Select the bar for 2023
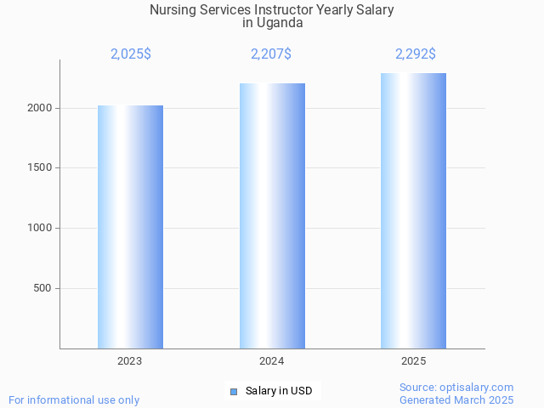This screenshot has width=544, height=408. pos(130,227)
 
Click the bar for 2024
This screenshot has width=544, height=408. pos(272,216)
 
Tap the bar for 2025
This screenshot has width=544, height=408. pos(413,211)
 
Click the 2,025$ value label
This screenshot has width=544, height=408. pos(131,54)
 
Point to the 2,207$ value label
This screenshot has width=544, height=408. pos(271,54)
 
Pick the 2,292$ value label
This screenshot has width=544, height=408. pos(416,54)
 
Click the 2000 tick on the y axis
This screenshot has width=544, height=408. pos(40,108)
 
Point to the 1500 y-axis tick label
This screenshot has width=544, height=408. pos(40,167)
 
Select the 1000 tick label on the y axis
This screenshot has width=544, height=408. pos(40,228)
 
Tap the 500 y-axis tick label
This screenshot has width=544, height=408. pos(42,288)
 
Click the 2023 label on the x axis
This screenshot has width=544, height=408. pos(130,361)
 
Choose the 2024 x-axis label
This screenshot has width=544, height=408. pos(272,361)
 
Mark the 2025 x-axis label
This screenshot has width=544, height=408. pos(414,361)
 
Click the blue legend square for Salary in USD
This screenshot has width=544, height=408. pos(234,391)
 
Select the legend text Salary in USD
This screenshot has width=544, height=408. pos(279,391)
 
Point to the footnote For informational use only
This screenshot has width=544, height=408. pos(74,399)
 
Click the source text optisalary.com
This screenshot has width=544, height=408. pos(480,387)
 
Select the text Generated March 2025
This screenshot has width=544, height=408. pos(456,399)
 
